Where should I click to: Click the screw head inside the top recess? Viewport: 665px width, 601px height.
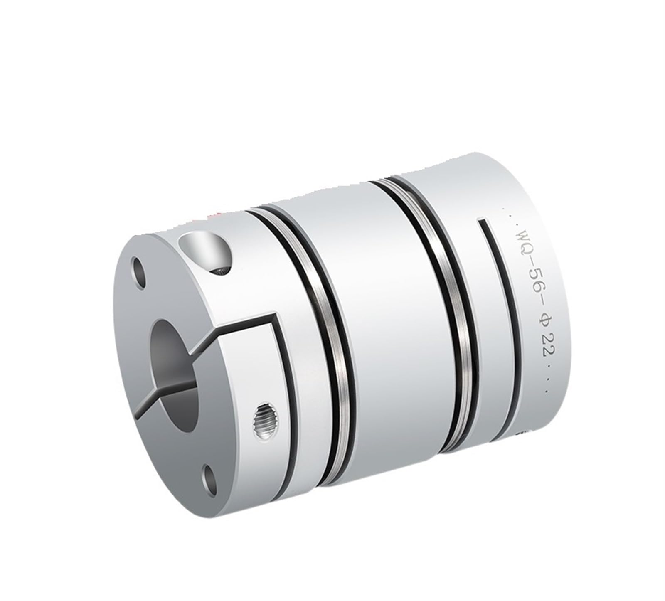pos(220,271)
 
